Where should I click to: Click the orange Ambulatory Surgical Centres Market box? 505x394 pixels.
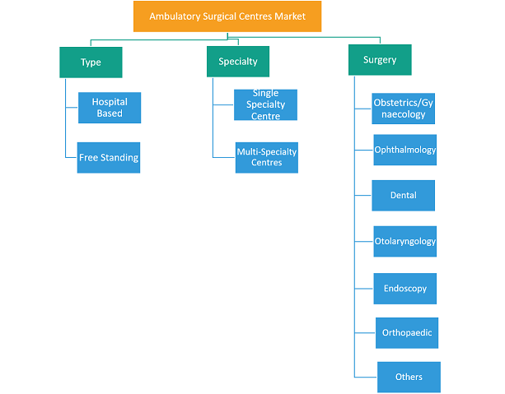point(227,16)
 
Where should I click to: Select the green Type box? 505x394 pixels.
point(91,63)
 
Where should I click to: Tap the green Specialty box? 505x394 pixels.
point(238,62)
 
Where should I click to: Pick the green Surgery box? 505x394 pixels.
point(380,60)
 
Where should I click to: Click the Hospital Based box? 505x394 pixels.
point(110,108)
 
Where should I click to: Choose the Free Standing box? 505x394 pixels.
point(109,158)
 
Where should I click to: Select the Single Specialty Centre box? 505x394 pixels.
point(266,104)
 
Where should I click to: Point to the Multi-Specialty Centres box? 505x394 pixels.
point(267,158)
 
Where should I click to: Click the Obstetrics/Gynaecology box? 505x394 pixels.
point(403,109)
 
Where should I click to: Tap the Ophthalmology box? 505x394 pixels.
point(405,150)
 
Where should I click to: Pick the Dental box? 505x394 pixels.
point(403,196)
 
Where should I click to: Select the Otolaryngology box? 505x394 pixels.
point(405,242)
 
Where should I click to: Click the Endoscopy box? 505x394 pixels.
point(405,289)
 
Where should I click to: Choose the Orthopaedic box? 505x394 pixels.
point(407,333)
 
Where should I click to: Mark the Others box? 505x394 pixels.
point(409,378)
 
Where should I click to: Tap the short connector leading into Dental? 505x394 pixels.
point(363,195)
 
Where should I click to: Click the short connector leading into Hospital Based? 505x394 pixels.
point(72,108)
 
